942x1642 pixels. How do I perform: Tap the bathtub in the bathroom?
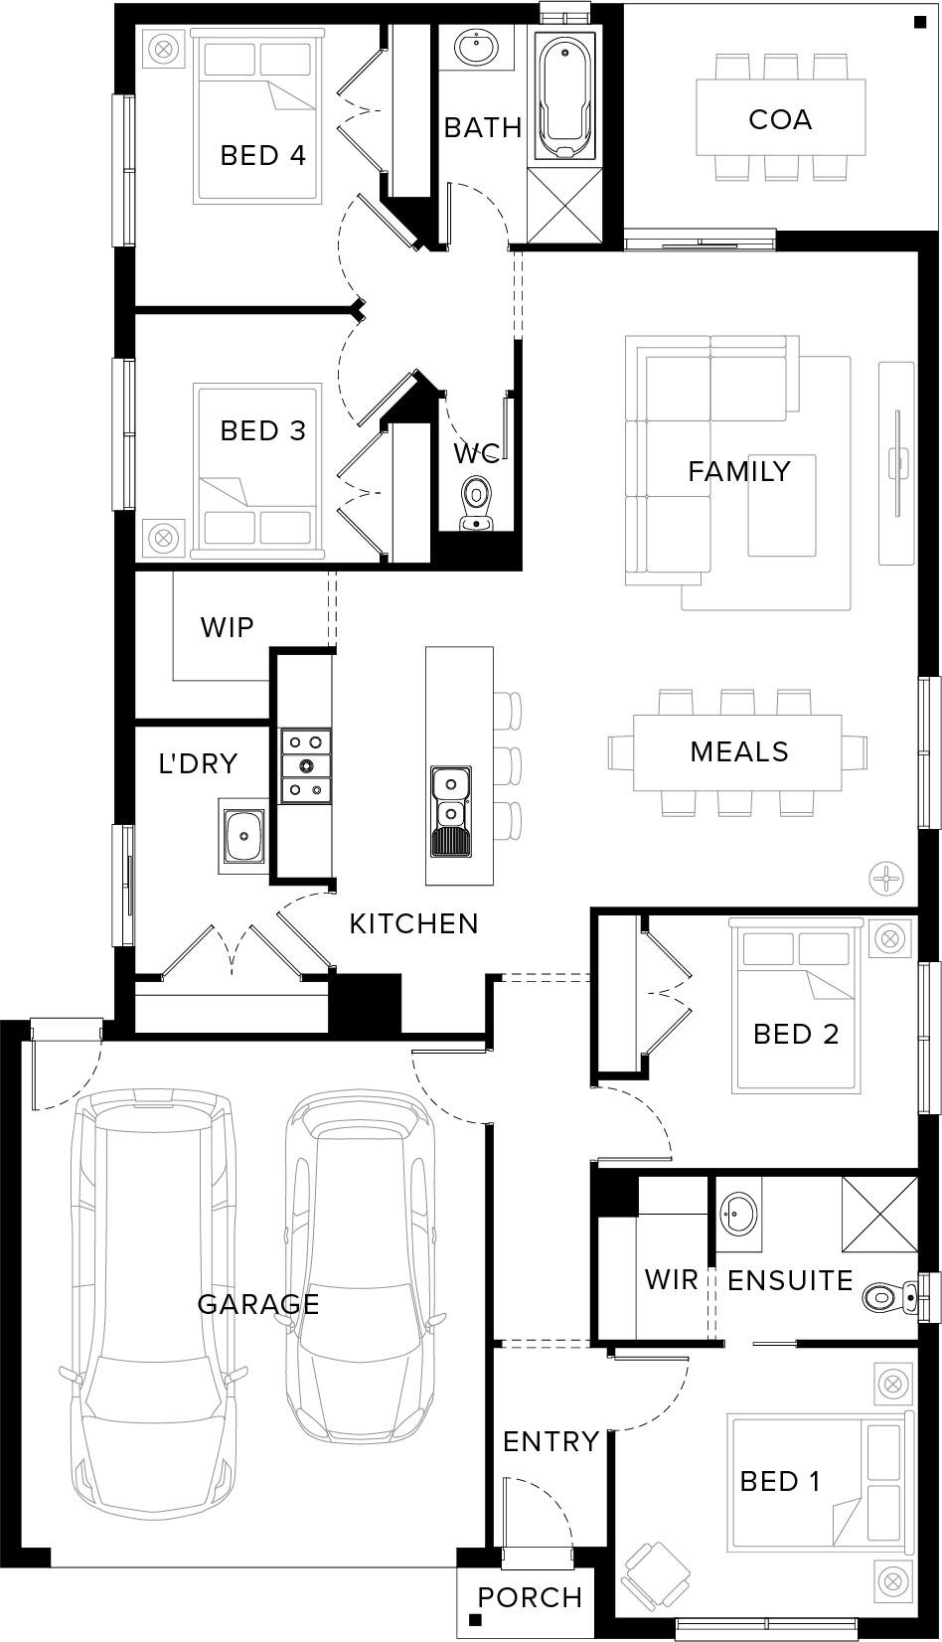[564, 97]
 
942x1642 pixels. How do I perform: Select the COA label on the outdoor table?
[780, 119]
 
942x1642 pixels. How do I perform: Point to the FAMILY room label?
[739, 471]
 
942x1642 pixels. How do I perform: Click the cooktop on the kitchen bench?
[306, 765]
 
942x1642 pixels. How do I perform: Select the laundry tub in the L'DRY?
[242, 836]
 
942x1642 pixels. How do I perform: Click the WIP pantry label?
[227, 627]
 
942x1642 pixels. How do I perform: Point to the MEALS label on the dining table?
[739, 751]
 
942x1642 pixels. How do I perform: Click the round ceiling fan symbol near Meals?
[885, 878]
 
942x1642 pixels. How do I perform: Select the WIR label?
[672, 1279]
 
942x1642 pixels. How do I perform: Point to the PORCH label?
[530, 1597]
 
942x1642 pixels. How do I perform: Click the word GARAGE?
[258, 1303]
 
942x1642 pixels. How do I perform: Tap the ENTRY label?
[550, 1441]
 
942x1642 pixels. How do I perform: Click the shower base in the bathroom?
[565, 205]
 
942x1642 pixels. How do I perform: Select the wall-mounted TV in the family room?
[897, 463]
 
